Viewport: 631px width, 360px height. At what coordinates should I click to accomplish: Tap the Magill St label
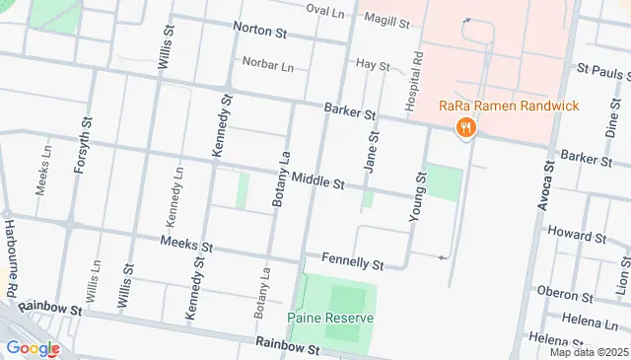pyautogui.click(x=386, y=18)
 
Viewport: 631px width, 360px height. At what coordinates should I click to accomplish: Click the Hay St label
pyautogui.click(x=373, y=64)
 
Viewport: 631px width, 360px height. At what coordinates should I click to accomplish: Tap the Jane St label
pyautogui.click(x=371, y=156)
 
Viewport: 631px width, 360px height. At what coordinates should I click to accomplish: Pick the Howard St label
pyautogui.click(x=577, y=237)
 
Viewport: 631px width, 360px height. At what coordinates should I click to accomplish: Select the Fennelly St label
pyautogui.click(x=352, y=263)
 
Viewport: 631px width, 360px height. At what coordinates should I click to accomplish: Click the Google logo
pyautogui.click(x=33, y=347)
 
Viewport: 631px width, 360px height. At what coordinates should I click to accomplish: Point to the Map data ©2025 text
pyautogui.click(x=588, y=352)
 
